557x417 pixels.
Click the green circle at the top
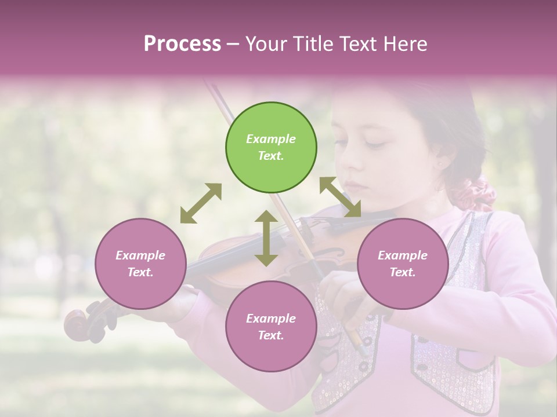pos(271,148)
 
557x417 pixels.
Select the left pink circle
pos(140,264)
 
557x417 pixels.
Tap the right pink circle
pos(403,264)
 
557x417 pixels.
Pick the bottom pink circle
pos(271,327)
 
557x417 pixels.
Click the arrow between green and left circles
pos(201,203)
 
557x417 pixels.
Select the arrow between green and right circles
pos(340,197)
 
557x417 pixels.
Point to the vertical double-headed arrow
pos(266,238)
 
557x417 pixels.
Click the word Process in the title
pos(182,43)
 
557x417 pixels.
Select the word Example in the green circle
pos(271,139)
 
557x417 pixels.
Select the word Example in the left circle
pos(140,255)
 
